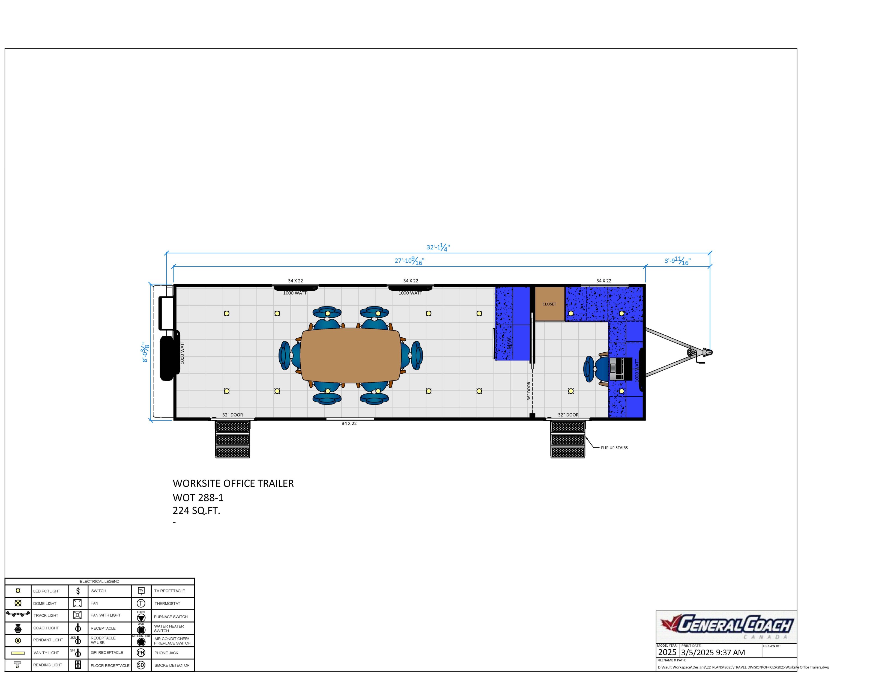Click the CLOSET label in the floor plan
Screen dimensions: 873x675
[549, 304]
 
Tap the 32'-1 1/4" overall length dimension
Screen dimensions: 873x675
[438, 247]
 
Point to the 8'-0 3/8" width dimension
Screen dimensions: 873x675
[145, 352]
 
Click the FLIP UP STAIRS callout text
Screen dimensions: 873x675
[614, 447]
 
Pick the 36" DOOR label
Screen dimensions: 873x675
[529, 391]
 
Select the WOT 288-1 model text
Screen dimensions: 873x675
[198, 498]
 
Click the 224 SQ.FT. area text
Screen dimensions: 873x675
[196, 511]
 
